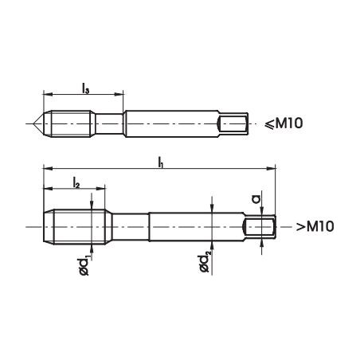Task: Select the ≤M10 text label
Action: coord(284,123)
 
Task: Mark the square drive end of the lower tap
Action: coord(263,227)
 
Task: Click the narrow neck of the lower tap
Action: coord(127,227)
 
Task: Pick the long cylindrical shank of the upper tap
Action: coord(171,123)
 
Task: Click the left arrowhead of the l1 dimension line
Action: coord(46,169)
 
